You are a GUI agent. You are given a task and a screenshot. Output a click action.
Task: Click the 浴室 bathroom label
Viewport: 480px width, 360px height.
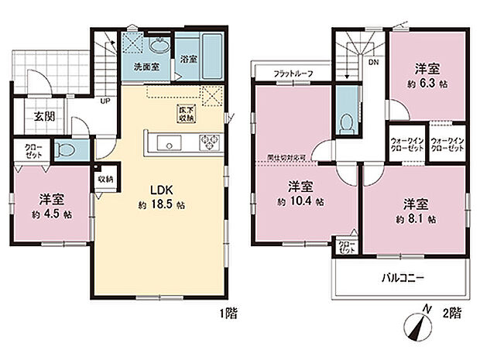187,57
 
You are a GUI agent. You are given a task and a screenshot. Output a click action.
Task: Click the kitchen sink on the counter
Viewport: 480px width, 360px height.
167,142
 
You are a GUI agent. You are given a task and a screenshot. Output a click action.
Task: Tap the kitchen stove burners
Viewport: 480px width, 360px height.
210,142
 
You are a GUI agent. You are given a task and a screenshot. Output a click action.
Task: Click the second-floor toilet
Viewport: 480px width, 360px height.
348,122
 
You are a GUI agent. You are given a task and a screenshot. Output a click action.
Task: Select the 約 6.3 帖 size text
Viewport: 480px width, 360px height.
425,82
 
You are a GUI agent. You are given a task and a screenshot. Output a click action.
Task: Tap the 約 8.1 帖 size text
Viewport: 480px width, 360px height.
417,219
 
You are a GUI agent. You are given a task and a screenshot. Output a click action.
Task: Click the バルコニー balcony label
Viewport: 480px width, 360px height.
401,276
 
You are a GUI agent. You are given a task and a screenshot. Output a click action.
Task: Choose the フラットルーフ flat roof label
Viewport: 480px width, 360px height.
293,74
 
